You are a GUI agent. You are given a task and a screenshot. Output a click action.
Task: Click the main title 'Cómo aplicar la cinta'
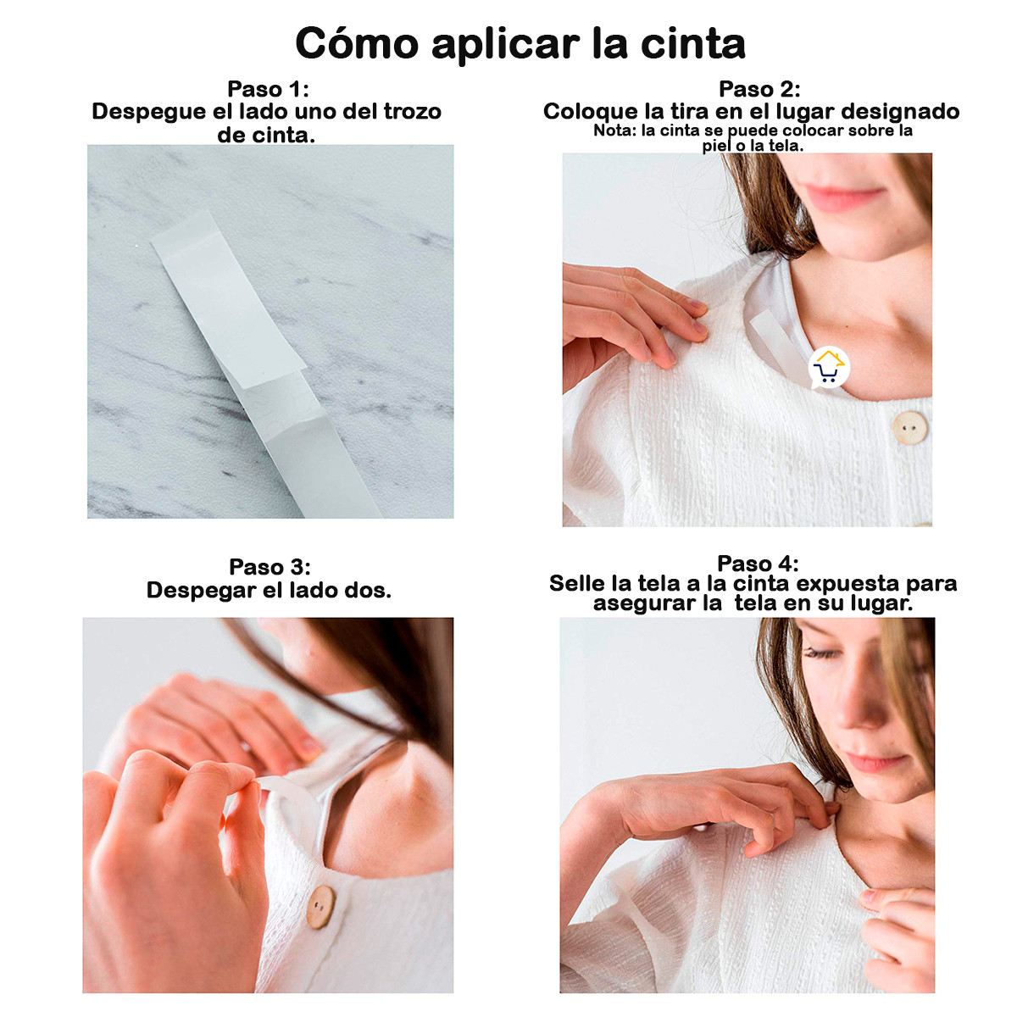pos(520,44)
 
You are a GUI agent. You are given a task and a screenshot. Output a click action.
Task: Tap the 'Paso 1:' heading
pos(268,89)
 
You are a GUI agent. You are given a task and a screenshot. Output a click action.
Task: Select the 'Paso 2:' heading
pos(759,89)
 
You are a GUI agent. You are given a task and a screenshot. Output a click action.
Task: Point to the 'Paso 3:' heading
pos(270,567)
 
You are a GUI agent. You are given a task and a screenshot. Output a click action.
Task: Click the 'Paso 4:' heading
pos(758,564)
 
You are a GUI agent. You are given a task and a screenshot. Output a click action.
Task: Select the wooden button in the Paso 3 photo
pos(320,906)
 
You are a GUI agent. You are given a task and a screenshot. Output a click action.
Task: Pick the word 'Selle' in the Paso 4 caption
pos(578,583)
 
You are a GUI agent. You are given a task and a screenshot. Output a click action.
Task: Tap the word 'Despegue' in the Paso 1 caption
pos(148,112)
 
